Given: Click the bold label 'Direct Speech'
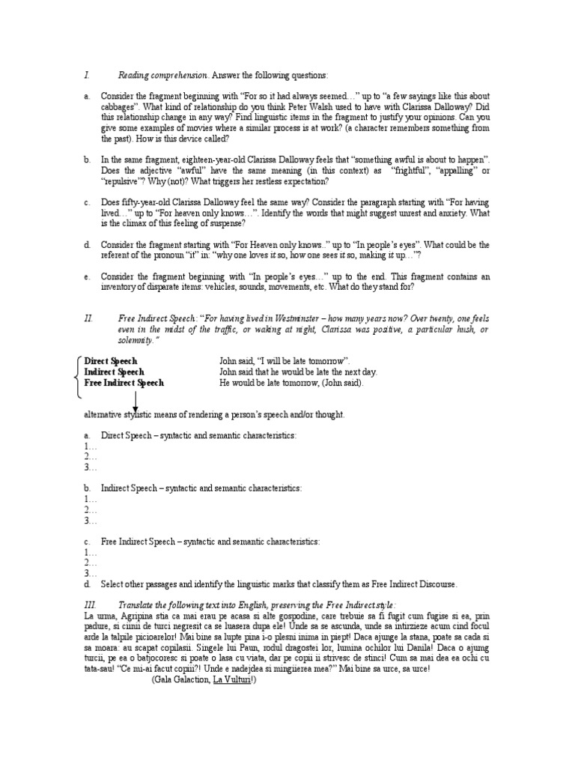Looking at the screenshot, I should click(111, 361).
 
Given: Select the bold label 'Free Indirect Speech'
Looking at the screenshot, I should click(124, 383).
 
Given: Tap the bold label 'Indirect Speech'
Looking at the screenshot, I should click(115, 372).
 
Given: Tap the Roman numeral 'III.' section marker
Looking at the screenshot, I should click(90, 604).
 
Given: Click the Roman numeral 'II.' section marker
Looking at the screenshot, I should click(88, 318).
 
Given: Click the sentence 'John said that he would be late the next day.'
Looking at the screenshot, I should click(298, 372).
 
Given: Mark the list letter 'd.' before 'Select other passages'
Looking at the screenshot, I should click(88, 584).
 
